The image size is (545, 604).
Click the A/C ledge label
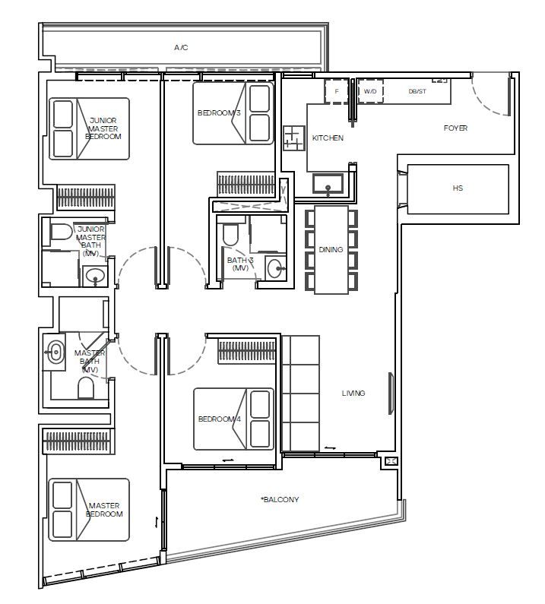(181, 48)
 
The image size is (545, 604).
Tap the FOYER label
(455, 128)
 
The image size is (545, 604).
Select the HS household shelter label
(458, 188)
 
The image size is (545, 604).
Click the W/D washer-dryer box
(370, 91)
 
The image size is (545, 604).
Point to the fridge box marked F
(337, 91)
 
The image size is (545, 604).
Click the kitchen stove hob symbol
(294, 138)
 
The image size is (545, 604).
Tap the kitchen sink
(328, 184)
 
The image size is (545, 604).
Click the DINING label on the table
(331, 250)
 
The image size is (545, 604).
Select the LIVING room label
(353, 393)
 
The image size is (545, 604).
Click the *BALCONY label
(280, 500)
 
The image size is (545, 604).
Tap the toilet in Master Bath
(86, 388)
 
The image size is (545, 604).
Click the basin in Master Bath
(54, 352)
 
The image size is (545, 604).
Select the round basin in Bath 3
(275, 268)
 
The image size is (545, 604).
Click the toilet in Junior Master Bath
(62, 232)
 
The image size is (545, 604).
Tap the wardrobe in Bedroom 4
(247, 350)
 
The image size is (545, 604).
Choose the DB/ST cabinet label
(417, 91)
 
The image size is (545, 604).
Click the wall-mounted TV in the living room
(391, 394)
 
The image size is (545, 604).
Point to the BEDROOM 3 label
(219, 113)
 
